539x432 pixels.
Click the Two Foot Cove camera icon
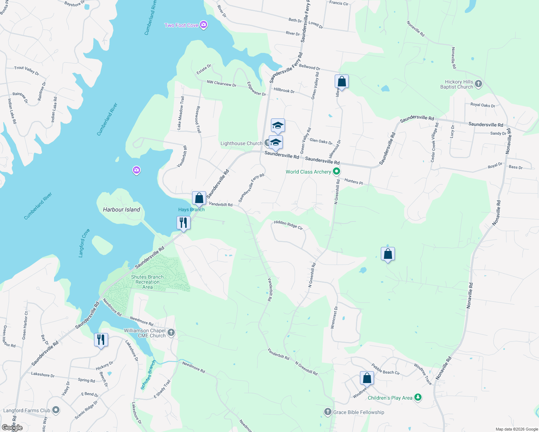point(204,25)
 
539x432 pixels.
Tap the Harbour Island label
point(121,210)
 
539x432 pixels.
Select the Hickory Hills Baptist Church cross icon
point(478,84)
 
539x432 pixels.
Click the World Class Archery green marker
point(337,172)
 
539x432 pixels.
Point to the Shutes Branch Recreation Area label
point(147,282)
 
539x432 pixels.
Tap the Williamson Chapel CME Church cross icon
point(171,333)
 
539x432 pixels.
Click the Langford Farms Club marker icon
point(56,410)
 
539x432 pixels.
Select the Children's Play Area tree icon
point(418,397)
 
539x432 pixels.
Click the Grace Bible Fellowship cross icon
point(328,412)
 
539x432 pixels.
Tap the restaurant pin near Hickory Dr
point(101,340)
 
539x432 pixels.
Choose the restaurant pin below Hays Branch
point(183,223)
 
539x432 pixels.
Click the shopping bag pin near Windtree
point(367,378)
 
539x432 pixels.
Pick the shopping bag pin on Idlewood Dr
point(342,82)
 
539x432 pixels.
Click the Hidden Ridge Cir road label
point(288,225)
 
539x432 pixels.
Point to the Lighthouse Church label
point(241,143)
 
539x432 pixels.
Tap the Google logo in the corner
point(12,428)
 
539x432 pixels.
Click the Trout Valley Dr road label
point(27,70)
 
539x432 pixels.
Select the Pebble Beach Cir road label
point(386,369)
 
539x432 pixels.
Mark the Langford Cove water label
point(84,243)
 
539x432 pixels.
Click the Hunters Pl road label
point(353,181)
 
